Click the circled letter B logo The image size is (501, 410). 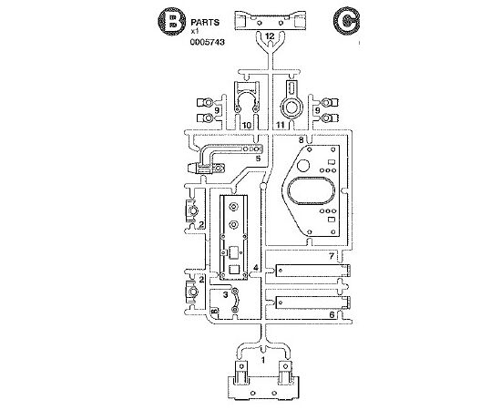171,20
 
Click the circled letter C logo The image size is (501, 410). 346,20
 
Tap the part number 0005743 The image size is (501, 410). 208,42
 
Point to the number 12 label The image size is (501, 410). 270,36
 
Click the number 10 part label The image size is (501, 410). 246,125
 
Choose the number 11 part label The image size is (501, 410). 281,125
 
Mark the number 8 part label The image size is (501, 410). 301,139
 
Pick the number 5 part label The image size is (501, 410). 258,159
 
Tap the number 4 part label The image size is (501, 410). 256,268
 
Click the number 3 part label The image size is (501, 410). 226,294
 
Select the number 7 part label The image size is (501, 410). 332,256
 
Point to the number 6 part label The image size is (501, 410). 332,314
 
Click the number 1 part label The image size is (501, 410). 263,360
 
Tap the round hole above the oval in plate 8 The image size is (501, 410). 303,165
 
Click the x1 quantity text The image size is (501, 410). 195,32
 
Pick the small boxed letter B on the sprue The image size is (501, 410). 214,311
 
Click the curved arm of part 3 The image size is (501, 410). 239,300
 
